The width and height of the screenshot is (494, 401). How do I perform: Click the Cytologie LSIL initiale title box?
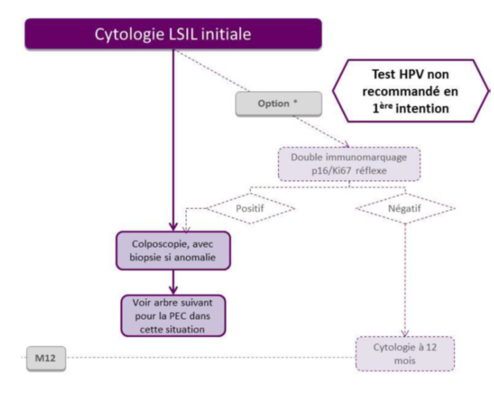tap(173, 34)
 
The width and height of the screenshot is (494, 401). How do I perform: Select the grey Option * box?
tap(278, 104)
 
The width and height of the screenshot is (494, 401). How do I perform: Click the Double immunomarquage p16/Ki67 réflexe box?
tap(349, 164)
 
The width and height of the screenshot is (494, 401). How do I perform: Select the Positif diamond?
tap(250, 208)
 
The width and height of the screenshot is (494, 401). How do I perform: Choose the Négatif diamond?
tap(405, 208)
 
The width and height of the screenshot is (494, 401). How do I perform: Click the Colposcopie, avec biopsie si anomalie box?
tap(173, 250)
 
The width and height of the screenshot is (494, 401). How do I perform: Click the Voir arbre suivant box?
tap(173, 315)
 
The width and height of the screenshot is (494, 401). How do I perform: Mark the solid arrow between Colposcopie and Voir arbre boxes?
tap(173, 282)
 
